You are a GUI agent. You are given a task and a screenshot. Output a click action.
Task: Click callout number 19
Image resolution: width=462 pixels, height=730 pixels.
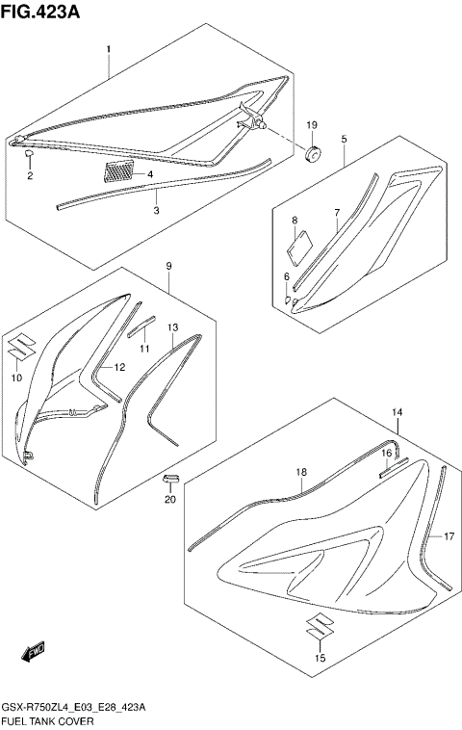coord(312,126)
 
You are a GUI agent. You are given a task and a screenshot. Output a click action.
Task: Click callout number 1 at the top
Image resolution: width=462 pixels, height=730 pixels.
coord(109,48)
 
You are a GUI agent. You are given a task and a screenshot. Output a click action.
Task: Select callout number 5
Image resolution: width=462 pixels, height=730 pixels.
coord(344,139)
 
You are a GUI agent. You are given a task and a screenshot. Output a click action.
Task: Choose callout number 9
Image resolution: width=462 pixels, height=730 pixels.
coord(168,265)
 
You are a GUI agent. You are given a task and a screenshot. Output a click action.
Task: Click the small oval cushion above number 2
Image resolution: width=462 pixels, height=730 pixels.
coord(28,154)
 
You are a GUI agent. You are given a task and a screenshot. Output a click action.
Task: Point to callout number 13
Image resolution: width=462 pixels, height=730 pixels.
coord(173,327)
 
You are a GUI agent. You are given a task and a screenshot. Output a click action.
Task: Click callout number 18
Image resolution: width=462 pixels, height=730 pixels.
coord(301,472)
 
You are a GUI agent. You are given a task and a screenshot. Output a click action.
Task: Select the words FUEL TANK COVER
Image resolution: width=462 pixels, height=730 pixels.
coord(47,719)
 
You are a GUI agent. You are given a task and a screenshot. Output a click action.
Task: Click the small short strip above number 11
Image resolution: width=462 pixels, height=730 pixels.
coord(143,319)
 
